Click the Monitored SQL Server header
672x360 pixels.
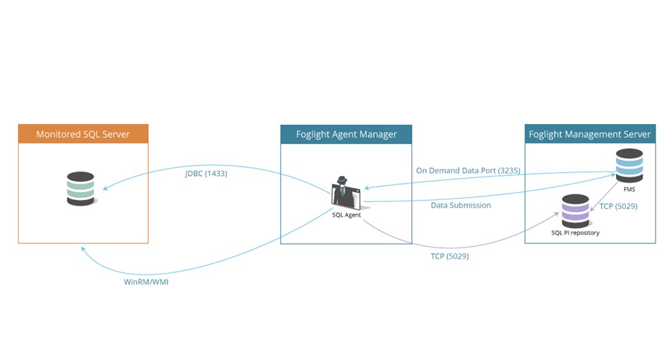83,134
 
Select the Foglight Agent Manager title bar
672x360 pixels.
346,134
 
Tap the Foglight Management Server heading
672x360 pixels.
590,134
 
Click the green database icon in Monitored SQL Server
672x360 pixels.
81,188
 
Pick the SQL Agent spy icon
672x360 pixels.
346,192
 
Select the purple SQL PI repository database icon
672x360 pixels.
575,211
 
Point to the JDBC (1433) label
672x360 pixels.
206,174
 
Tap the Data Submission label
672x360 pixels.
461,205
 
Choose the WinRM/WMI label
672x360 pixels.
141,281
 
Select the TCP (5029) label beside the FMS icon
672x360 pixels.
618,206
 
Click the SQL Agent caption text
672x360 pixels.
346,214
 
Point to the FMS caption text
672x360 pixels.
629,188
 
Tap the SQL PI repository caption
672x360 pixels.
575,233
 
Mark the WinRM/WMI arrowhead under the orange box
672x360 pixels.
83,250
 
